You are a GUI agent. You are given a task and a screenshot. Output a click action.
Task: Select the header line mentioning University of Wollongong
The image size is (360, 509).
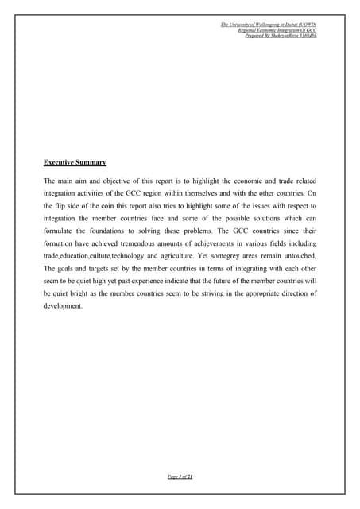pos(269,25)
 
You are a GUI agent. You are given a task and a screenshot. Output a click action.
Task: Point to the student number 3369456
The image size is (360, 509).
pos(304,37)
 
